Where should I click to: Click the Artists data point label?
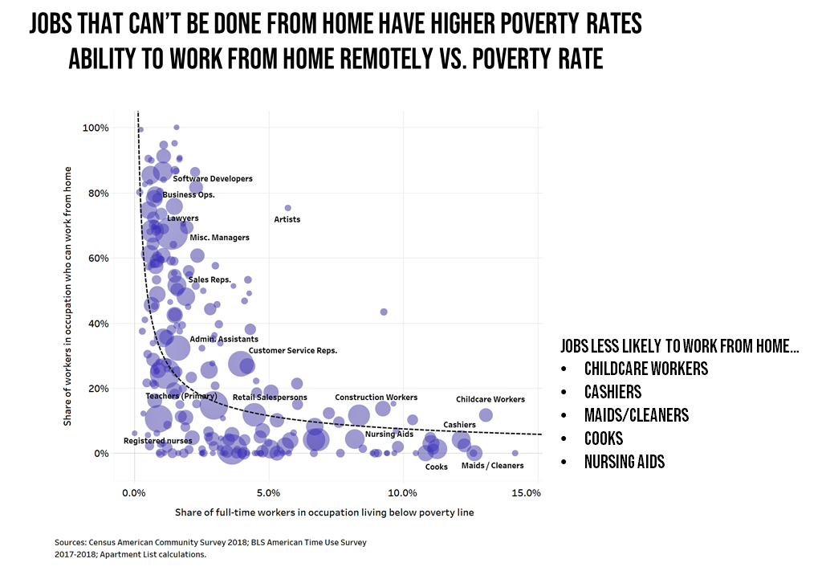coord(287,219)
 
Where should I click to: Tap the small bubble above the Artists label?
coord(288,208)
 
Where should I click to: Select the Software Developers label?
coord(213,179)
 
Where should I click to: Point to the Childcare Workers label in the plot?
coord(490,399)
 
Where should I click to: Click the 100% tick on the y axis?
coord(96,128)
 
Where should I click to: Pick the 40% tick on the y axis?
coord(98,324)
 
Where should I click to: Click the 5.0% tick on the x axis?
coord(268,492)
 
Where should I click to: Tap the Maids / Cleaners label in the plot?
coord(492,466)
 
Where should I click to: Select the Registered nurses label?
coord(157,441)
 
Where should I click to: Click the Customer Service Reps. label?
coord(292,351)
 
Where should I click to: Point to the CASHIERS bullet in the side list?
coord(612,392)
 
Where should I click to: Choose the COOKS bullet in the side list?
coord(604,438)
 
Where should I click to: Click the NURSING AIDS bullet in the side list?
coord(624,462)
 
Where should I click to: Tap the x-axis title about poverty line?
coord(324,512)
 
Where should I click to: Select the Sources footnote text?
coord(210,548)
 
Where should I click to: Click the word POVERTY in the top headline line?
coord(537,24)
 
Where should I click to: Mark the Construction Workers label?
coord(376,398)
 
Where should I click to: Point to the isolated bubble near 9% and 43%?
coord(384,312)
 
